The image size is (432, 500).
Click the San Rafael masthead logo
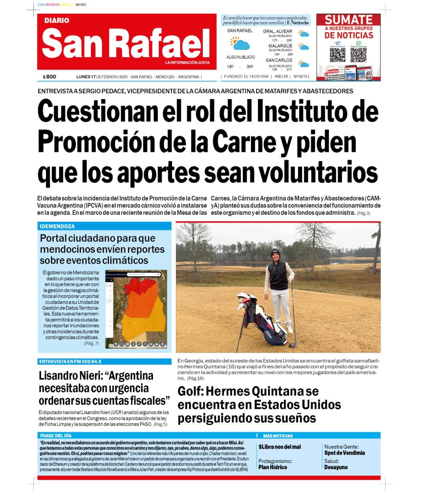(x=126, y=42)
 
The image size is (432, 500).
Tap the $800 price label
(x=49, y=77)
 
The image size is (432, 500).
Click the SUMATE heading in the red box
(x=348, y=20)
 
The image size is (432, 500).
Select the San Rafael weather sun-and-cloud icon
(x=240, y=43)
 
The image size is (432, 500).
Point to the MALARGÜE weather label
(x=280, y=46)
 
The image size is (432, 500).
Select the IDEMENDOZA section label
(x=57, y=227)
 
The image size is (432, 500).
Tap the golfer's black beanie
(x=276, y=253)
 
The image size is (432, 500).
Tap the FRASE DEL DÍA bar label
(x=56, y=435)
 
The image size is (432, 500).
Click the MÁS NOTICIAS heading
(x=278, y=436)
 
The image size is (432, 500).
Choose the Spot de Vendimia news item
(x=345, y=453)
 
